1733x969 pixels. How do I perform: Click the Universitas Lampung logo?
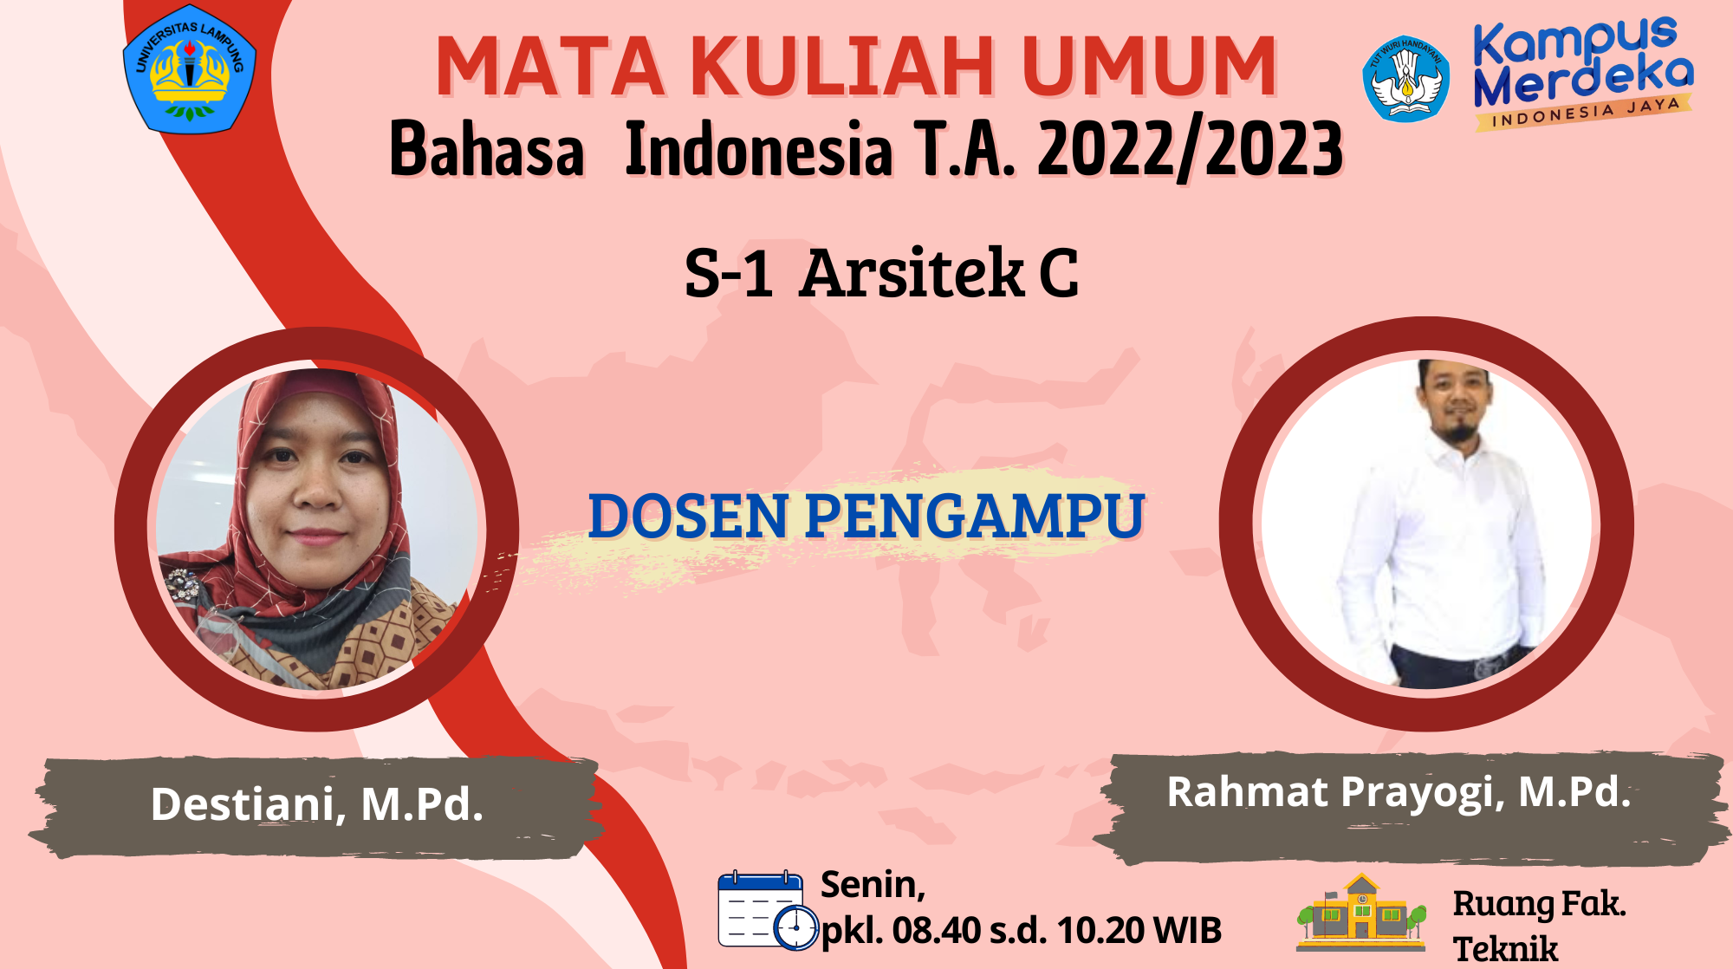tap(190, 69)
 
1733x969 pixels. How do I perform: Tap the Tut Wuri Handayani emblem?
tap(1405, 79)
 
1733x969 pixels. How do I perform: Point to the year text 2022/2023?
tap(1190, 149)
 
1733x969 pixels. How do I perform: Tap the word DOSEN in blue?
tap(689, 517)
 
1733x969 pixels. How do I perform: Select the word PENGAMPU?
tap(976, 517)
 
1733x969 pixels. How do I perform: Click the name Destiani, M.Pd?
tap(317, 804)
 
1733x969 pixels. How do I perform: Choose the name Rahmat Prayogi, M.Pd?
tap(1399, 792)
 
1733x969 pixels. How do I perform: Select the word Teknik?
tap(1506, 949)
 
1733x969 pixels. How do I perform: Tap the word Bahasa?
tap(487, 149)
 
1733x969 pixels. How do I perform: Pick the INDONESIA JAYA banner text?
tap(1586, 113)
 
